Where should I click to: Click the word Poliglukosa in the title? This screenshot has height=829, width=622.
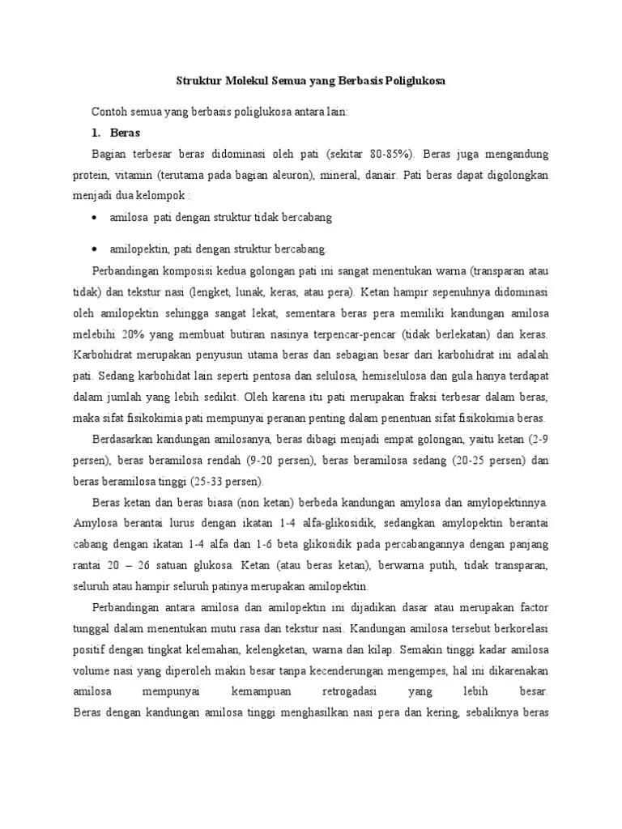pos(411,82)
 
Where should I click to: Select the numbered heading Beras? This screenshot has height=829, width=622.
pos(125,133)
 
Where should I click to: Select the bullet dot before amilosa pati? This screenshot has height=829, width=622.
pos(96,219)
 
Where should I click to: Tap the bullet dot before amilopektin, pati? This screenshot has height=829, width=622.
pos(96,249)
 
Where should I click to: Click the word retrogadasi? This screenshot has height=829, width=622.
pos(336,692)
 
